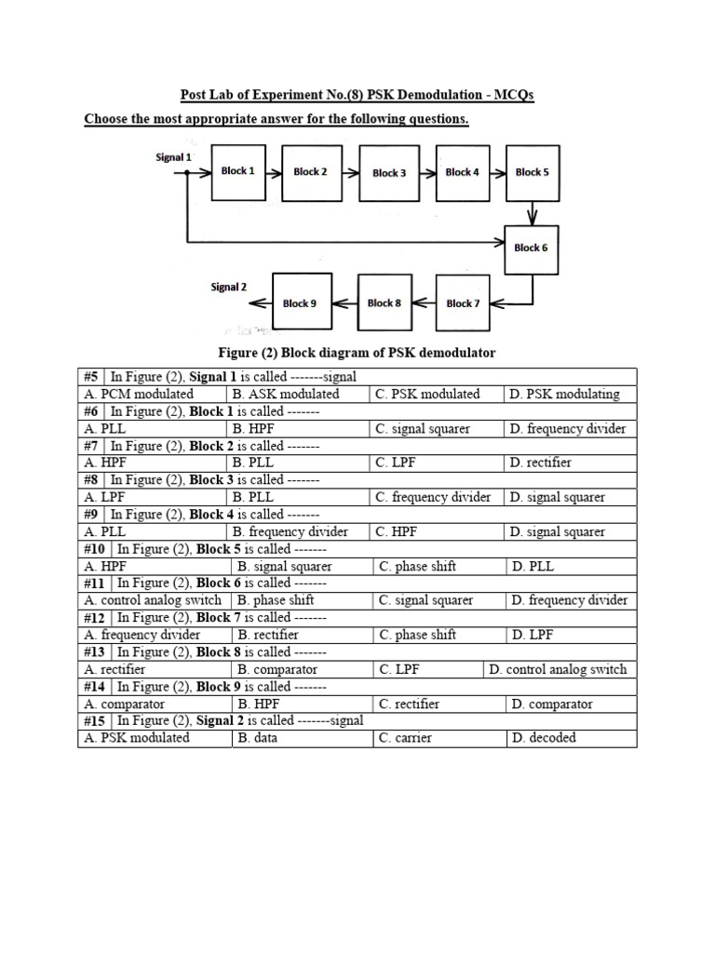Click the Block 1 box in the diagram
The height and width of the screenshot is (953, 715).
[x=238, y=172]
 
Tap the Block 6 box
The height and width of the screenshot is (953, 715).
[x=532, y=248]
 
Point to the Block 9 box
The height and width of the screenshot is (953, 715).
[x=300, y=303]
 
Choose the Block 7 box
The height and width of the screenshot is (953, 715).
[x=463, y=303]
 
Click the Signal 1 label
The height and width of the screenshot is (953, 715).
[x=173, y=157]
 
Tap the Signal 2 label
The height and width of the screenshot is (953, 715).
[x=228, y=288]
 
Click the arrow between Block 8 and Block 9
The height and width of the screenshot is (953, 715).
[x=344, y=303]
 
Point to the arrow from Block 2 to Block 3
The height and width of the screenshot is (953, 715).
[x=347, y=172]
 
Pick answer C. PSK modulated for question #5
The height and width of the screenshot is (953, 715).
[x=427, y=394]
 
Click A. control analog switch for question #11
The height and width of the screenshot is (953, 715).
[x=154, y=600]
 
